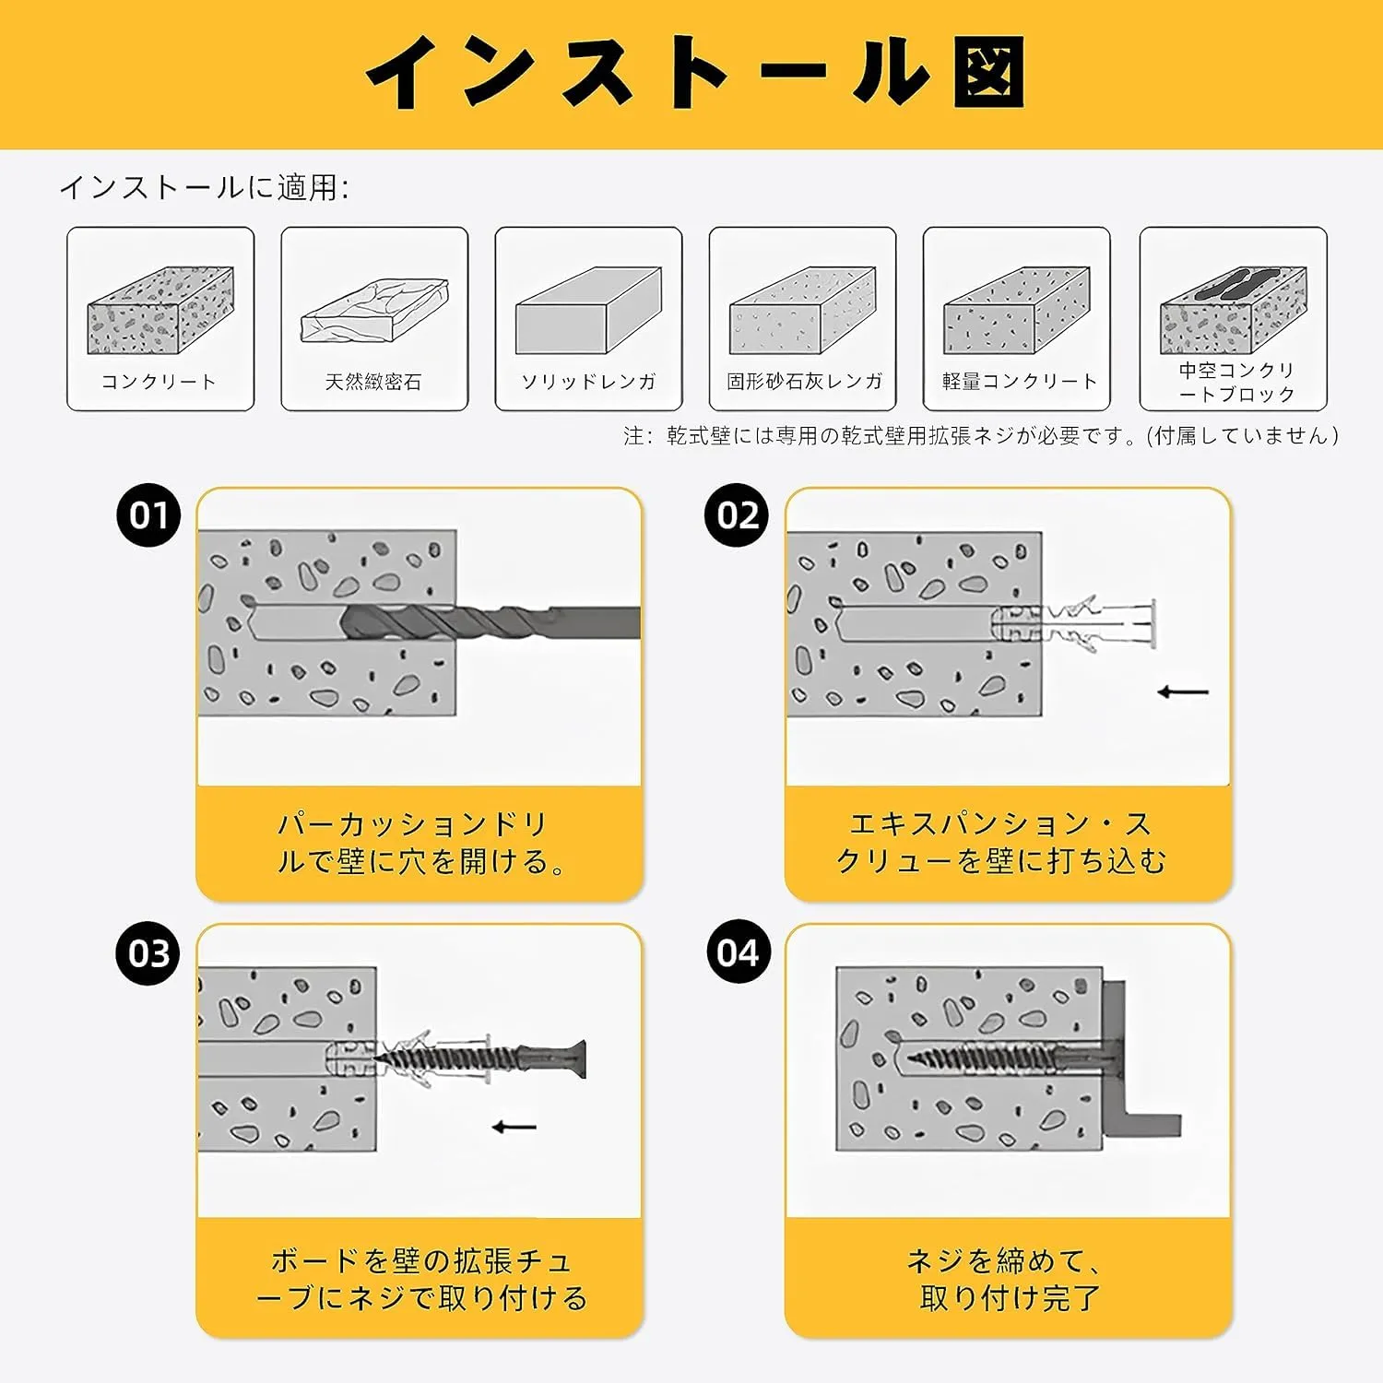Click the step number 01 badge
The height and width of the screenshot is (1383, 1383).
pyautogui.click(x=148, y=515)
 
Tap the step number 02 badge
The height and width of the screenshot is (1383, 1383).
pyautogui.click(x=737, y=515)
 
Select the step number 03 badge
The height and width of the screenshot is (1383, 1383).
pyautogui.click(x=148, y=953)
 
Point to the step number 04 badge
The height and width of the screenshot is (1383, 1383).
pyautogui.click(x=739, y=952)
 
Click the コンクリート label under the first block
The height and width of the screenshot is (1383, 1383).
pyautogui.click(x=159, y=382)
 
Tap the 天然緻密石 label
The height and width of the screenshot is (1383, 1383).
pyautogui.click(x=373, y=382)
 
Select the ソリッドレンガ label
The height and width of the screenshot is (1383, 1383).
pyautogui.click(x=588, y=382)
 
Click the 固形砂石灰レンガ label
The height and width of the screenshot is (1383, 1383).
pyautogui.click(x=804, y=382)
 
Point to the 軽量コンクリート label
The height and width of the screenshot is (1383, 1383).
pyautogui.click(x=1020, y=382)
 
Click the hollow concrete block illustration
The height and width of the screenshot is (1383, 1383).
pyautogui.click(x=1234, y=311)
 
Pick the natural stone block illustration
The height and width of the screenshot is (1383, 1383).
pyautogui.click(x=374, y=311)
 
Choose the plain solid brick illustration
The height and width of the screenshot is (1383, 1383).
pyautogui.click(x=588, y=311)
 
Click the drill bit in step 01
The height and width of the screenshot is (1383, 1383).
pyautogui.click(x=490, y=622)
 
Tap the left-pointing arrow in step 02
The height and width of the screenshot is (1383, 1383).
pyautogui.click(x=1183, y=691)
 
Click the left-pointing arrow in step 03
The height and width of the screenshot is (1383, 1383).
pyautogui.click(x=514, y=1127)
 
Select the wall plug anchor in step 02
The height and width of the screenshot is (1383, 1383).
pyautogui.click(x=1074, y=622)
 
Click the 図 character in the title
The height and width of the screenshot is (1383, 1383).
pyautogui.click(x=988, y=72)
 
